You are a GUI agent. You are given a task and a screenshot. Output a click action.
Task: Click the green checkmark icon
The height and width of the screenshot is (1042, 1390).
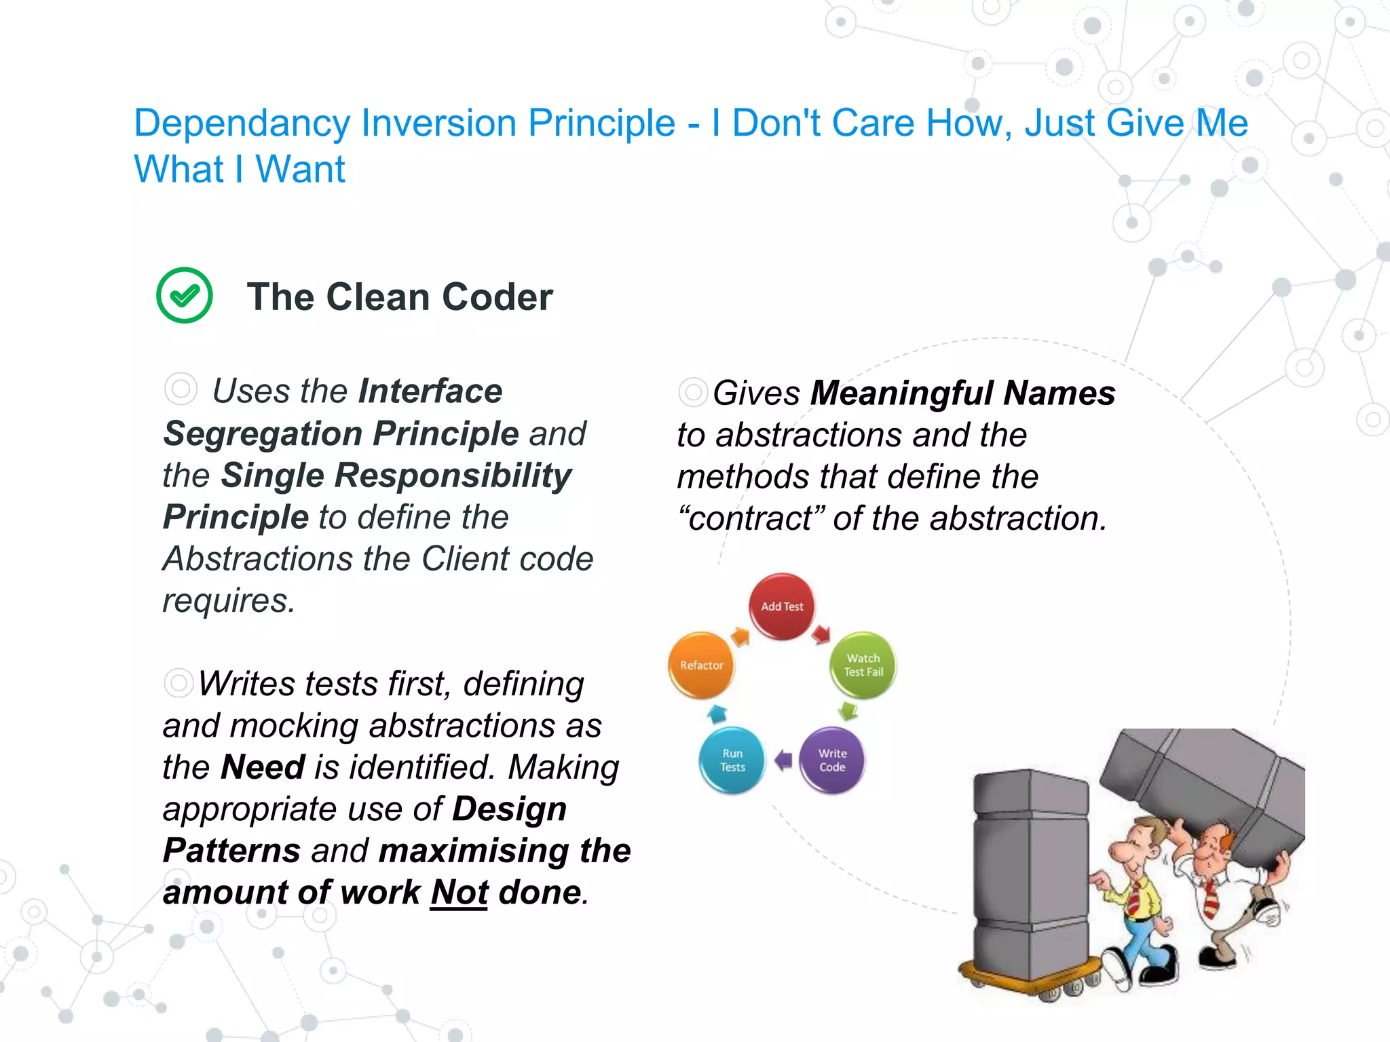click(184, 295)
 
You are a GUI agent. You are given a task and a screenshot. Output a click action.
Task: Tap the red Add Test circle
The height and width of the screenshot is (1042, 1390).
click(782, 606)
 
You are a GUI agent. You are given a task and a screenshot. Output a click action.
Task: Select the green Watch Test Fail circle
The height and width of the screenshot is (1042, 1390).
click(863, 665)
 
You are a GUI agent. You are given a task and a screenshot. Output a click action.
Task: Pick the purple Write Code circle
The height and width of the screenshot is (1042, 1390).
click(832, 760)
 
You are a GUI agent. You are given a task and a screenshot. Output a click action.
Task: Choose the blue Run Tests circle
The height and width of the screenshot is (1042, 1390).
click(732, 760)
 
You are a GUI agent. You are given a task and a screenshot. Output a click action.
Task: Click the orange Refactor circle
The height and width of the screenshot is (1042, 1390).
click(702, 665)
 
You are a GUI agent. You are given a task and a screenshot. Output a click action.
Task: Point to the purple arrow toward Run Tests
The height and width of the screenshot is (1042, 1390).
click(783, 760)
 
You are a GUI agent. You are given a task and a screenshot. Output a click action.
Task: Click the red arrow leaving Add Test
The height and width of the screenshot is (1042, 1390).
click(821, 634)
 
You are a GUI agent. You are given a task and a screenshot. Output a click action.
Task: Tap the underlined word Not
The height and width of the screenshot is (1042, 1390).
click(459, 892)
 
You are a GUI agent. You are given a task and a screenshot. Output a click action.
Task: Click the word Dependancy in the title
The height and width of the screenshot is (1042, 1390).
click(241, 123)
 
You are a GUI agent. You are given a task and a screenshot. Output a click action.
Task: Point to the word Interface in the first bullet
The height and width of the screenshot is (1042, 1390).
click(430, 391)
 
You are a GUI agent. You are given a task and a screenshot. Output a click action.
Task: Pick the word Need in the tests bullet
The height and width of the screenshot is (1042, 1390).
click(263, 767)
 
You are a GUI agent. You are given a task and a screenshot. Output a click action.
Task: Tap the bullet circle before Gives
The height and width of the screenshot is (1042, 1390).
click(693, 392)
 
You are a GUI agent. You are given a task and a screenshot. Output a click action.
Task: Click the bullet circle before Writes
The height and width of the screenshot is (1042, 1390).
click(179, 682)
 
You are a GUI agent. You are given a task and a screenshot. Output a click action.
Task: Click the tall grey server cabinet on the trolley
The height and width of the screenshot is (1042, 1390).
click(1030, 875)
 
